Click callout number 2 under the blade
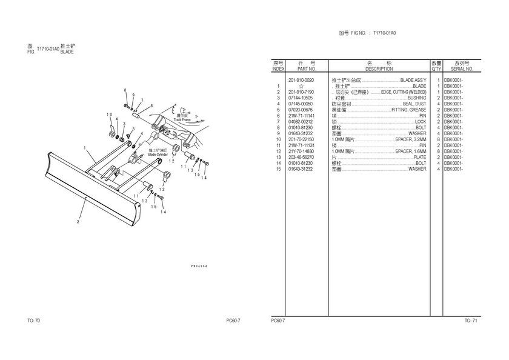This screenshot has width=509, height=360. (78, 222)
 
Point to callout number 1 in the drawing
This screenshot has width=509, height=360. (86, 147)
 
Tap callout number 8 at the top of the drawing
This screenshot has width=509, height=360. (125, 90)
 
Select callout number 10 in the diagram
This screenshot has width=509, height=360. (110, 115)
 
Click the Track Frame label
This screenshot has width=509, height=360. (182, 120)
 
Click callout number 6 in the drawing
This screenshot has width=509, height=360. (151, 105)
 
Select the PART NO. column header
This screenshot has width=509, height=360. (307, 69)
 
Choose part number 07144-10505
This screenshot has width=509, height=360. (301, 98)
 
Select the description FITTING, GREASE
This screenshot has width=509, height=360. (409, 109)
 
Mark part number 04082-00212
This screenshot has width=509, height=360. (301, 122)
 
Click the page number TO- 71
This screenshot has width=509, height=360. (470, 321)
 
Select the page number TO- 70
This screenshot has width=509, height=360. (33, 321)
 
